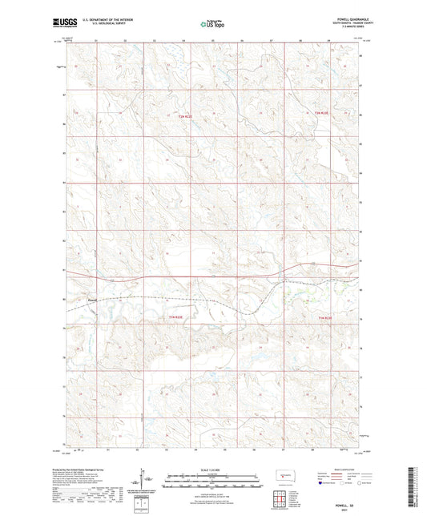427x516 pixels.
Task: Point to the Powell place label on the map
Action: tap(92, 301)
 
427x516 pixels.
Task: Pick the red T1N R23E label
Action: tap(324, 318)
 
